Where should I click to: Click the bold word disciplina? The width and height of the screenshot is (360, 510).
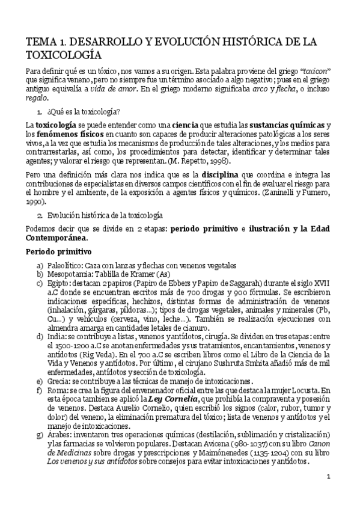coord(222,174)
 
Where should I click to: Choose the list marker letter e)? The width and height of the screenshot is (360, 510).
coord(40,364)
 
